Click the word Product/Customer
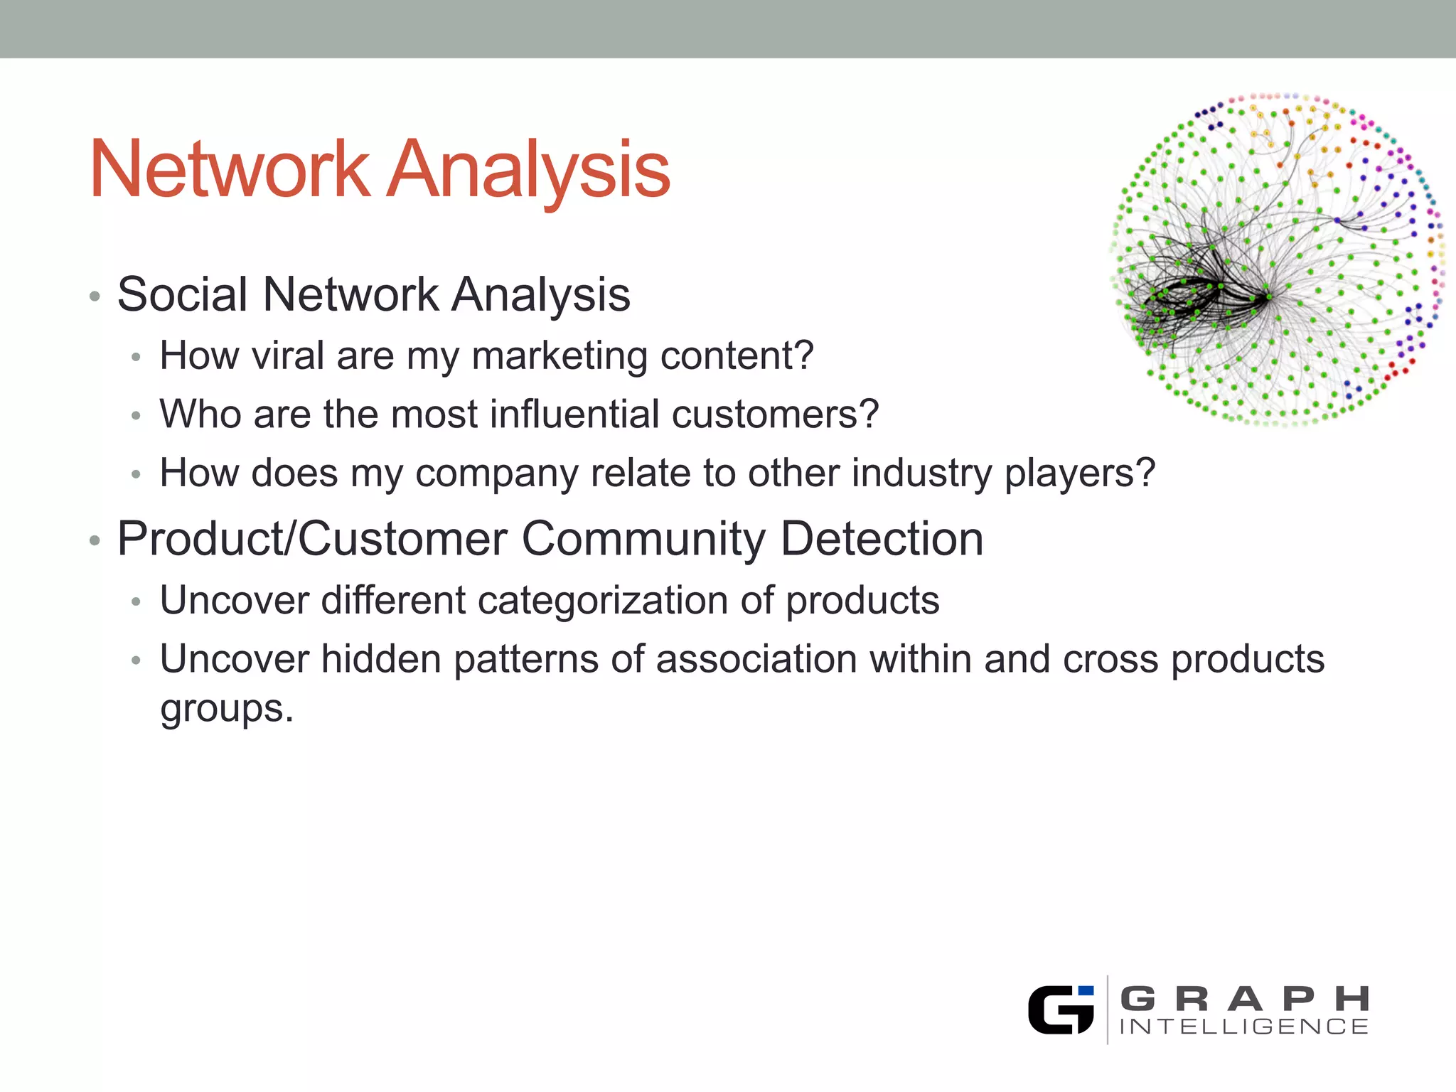click(x=312, y=539)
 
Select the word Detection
click(x=882, y=538)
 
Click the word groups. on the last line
click(x=226, y=709)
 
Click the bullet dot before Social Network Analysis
click(x=95, y=296)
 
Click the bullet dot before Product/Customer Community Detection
click(x=95, y=541)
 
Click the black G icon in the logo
click(x=1060, y=1010)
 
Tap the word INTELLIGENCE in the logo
click(x=1243, y=1027)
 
